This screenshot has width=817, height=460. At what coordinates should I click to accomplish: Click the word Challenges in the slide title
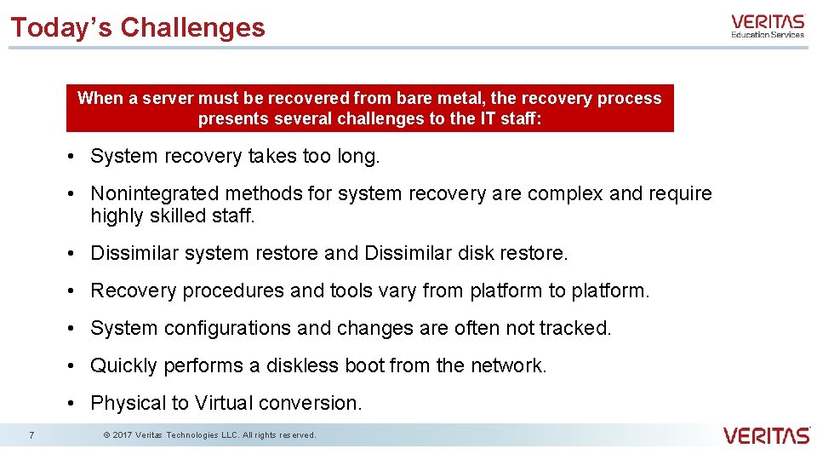[x=192, y=27]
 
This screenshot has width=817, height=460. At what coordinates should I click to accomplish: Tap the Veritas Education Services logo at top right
[x=767, y=26]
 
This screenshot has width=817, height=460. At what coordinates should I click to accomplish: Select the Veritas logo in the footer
[x=766, y=435]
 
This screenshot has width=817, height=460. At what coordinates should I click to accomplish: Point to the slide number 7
[x=31, y=435]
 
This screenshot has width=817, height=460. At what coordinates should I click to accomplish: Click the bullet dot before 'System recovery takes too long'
[x=76, y=157]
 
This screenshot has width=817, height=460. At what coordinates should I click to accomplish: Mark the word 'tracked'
[x=579, y=329]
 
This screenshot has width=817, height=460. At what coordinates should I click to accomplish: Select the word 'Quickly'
[x=123, y=366]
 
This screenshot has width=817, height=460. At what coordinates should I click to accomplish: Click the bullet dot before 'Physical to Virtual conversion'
[x=76, y=404]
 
